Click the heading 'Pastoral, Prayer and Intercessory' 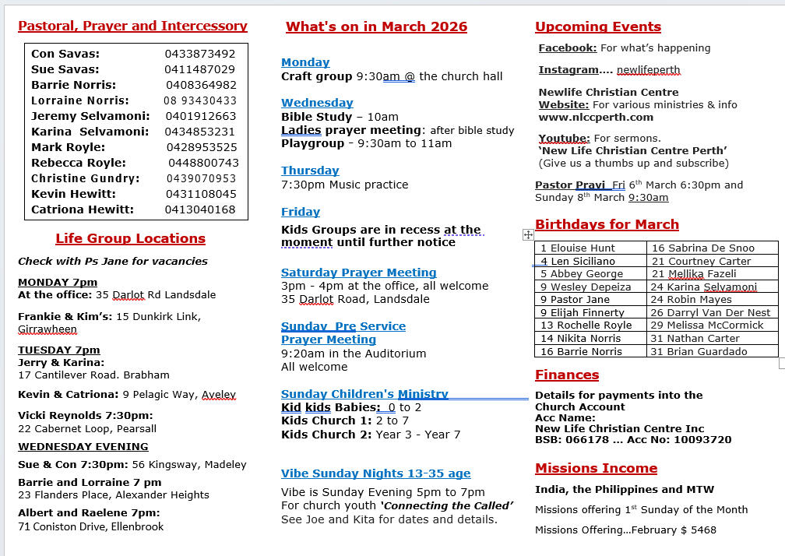[x=132, y=26]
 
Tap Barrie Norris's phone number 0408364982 [x=201, y=85]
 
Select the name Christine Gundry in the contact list [x=86, y=178]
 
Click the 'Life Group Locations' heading [x=130, y=238]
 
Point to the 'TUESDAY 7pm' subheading [x=59, y=350]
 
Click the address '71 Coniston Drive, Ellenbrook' [x=91, y=526]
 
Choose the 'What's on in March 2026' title [x=376, y=26]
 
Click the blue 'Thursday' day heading [x=310, y=171]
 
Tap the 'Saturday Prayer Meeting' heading [x=358, y=273]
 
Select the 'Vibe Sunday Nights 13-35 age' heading [x=375, y=473]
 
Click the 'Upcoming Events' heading [x=597, y=26]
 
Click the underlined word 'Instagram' [x=569, y=70]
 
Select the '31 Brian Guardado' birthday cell [x=699, y=351]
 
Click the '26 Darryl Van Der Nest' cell [x=710, y=312]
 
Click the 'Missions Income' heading [x=596, y=468]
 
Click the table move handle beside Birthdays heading [x=528, y=234]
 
